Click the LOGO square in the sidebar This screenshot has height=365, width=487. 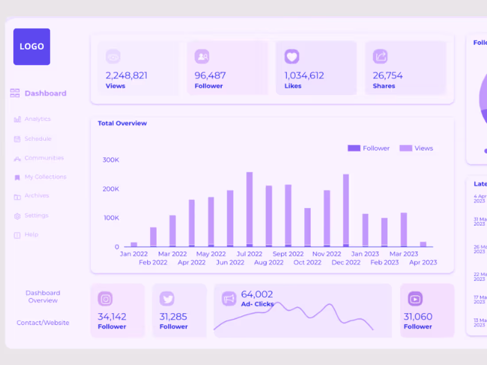[31, 46]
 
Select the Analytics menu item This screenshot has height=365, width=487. [37, 119]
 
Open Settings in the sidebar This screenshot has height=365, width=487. [36, 215]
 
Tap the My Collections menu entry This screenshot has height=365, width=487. [45, 177]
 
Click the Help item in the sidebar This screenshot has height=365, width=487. [31, 234]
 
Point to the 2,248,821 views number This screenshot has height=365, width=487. [126, 75]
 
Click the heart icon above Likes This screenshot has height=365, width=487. [292, 57]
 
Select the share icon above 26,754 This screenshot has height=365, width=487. [380, 57]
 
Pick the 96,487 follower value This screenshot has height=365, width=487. [210, 75]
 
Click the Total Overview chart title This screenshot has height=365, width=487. [122, 123]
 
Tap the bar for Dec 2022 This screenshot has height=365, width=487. [346, 210]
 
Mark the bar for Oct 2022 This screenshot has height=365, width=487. [307, 227]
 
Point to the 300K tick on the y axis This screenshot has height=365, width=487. [111, 160]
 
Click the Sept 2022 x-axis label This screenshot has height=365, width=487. [288, 254]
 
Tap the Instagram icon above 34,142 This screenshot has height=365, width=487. [105, 299]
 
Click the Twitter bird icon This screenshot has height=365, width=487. [167, 299]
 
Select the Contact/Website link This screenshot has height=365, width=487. [43, 323]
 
